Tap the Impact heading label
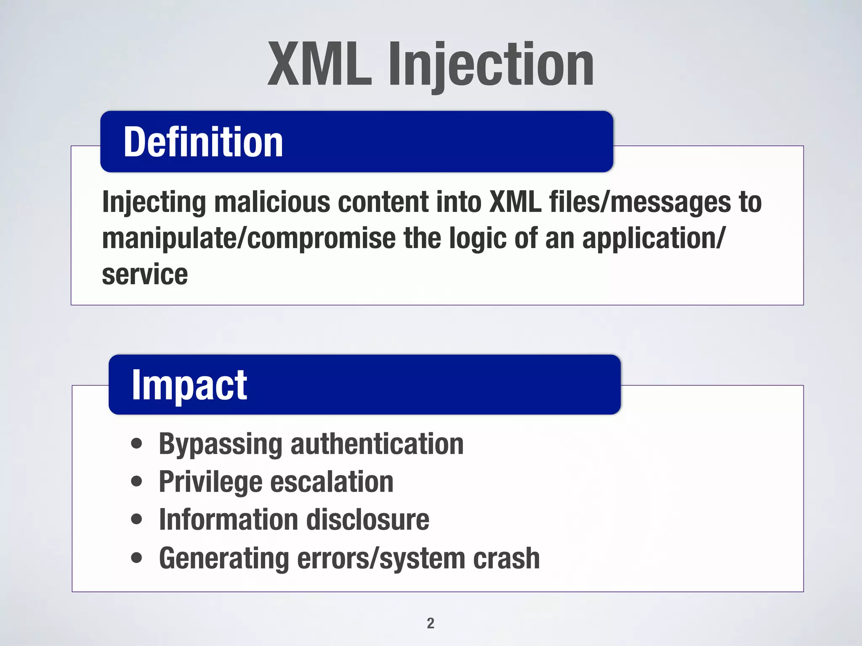click(x=189, y=385)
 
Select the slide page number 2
click(x=430, y=623)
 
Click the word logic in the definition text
click(x=477, y=238)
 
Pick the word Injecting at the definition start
click(x=154, y=202)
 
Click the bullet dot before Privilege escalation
click(x=136, y=481)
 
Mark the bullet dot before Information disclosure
click(x=136, y=519)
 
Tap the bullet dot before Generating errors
click(x=136, y=558)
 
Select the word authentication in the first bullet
click(x=377, y=444)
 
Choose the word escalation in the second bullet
click(x=332, y=482)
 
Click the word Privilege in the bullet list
click(x=210, y=482)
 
